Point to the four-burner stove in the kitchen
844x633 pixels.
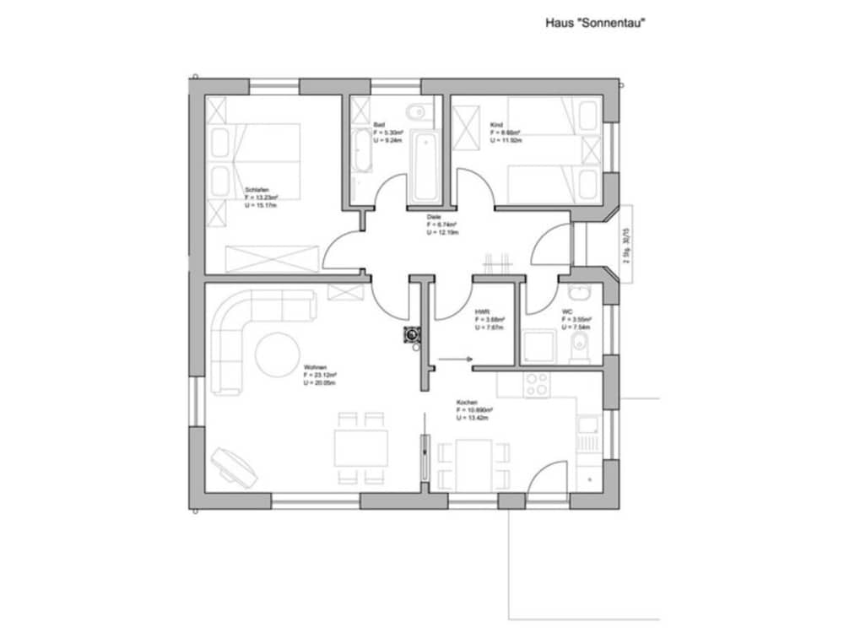pyautogui.click(x=536, y=384)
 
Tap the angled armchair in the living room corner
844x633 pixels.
pyautogui.click(x=233, y=466)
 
